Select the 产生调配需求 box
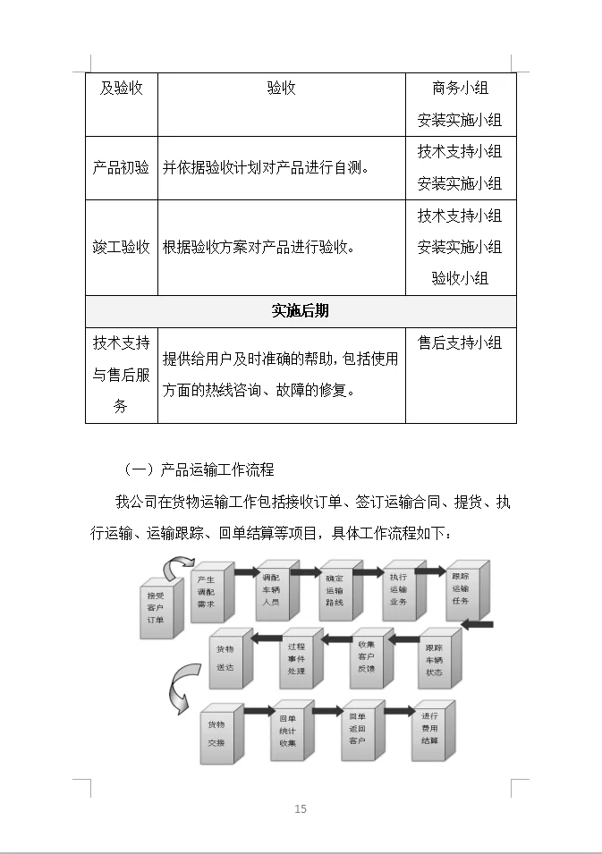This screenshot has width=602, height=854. click(206, 592)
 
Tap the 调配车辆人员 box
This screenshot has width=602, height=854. click(270, 590)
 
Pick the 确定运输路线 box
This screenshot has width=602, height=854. click(334, 590)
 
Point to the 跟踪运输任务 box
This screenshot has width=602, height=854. click(461, 588)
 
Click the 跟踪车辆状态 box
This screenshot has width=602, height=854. click(434, 659)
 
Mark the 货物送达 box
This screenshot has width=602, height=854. click(225, 658)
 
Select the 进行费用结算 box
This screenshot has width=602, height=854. click(430, 728)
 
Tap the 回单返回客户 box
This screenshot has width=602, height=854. click(358, 730)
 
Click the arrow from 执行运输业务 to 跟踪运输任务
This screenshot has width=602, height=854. click(429, 571)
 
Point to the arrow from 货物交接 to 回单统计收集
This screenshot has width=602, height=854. click(259, 711)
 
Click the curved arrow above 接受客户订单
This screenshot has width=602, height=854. click(177, 564)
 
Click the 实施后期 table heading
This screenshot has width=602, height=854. click(301, 310)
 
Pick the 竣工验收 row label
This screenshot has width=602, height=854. click(121, 247)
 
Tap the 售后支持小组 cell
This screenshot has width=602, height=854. click(460, 342)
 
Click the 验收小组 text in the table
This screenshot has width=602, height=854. click(460, 278)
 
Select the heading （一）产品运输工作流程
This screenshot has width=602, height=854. click(199, 469)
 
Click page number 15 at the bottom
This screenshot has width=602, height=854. click(301, 809)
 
